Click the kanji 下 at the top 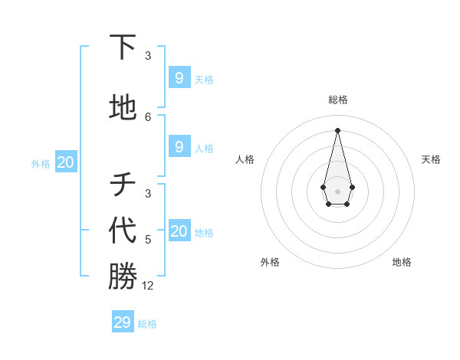pyautogui.click(x=123, y=47)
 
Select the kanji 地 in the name pyautogui.click(x=123, y=108)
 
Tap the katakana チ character pyautogui.click(x=123, y=185)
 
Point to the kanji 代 pyautogui.click(x=123, y=231)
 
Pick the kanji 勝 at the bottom pyautogui.click(x=123, y=277)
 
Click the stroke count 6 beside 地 pyautogui.click(x=148, y=117)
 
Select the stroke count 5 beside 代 pyautogui.click(x=148, y=240)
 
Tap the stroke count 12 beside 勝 pyautogui.click(x=148, y=286)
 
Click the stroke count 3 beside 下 pyautogui.click(x=148, y=56)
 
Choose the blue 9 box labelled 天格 pyautogui.click(x=179, y=77)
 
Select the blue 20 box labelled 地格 pyautogui.click(x=179, y=231)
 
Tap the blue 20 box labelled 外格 pyautogui.click(x=66, y=162)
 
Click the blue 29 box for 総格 pyautogui.click(x=123, y=322)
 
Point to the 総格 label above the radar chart pyautogui.click(x=337, y=100)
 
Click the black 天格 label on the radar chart pyautogui.click(x=431, y=159)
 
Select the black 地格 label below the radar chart pyautogui.click(x=402, y=262)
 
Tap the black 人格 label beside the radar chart pyautogui.click(x=245, y=159)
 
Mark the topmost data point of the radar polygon pyautogui.click(x=337, y=129)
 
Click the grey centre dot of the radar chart pyautogui.click(x=337, y=191)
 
